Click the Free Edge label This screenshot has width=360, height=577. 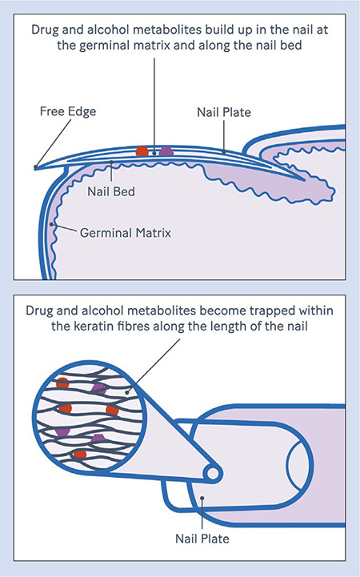pyautogui.click(x=68, y=111)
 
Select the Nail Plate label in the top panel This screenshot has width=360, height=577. pyautogui.click(x=224, y=112)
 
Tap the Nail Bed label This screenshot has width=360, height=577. pyautogui.click(x=111, y=191)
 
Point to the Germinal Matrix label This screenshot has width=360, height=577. pyautogui.click(x=126, y=233)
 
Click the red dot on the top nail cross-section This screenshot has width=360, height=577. pyautogui.click(x=142, y=151)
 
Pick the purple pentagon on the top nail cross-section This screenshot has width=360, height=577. pyautogui.click(x=166, y=151)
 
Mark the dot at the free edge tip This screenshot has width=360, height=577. pyautogui.click(x=36, y=167)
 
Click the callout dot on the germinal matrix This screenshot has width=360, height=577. pyautogui.click(x=52, y=224)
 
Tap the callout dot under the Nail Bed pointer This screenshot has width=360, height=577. pyautogui.click(x=111, y=162)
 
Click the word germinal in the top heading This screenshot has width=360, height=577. pyautogui.click(x=104, y=46)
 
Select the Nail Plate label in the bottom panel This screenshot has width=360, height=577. pyautogui.click(x=202, y=539)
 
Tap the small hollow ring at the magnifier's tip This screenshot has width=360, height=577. pyautogui.click(x=213, y=474)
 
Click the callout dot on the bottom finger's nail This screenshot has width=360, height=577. pyautogui.click(x=202, y=499)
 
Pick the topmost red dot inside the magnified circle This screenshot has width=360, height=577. pyautogui.click(x=62, y=383)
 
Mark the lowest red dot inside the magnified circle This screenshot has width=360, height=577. pyautogui.click(x=79, y=455)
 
